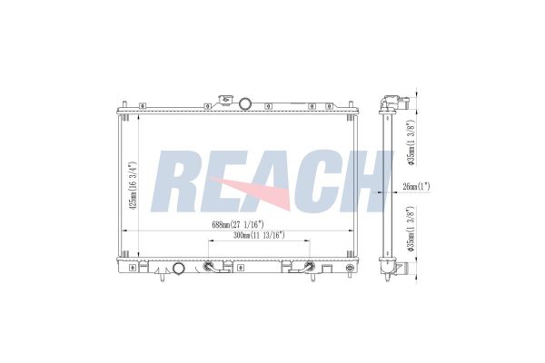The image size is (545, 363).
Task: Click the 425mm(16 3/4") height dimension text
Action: (133, 186)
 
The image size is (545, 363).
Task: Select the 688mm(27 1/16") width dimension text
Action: (238, 224)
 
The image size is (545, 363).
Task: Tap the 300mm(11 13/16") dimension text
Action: (259, 235)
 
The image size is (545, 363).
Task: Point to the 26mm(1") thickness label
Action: (416, 187)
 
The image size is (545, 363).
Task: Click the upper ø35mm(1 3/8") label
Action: (411, 142)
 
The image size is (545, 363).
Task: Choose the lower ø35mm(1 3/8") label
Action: (411, 229)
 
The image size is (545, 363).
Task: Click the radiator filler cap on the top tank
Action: (225, 100)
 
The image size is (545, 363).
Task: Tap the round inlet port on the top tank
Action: (245, 103)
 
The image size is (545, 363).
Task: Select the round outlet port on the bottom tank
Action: (179, 269)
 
